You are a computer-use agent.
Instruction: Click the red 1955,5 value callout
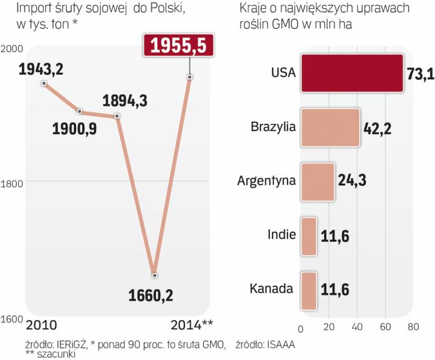tap(178, 46)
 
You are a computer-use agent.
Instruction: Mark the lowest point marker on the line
tap(155, 275)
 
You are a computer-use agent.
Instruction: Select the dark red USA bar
tap(352, 73)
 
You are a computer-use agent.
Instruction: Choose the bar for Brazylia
tap(330, 127)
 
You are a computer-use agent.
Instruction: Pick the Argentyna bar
tap(317, 181)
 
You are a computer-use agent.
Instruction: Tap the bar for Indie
tap(309, 234)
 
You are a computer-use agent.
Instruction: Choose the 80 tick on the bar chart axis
tap(413, 327)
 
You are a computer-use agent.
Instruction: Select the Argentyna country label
tap(265, 181)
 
